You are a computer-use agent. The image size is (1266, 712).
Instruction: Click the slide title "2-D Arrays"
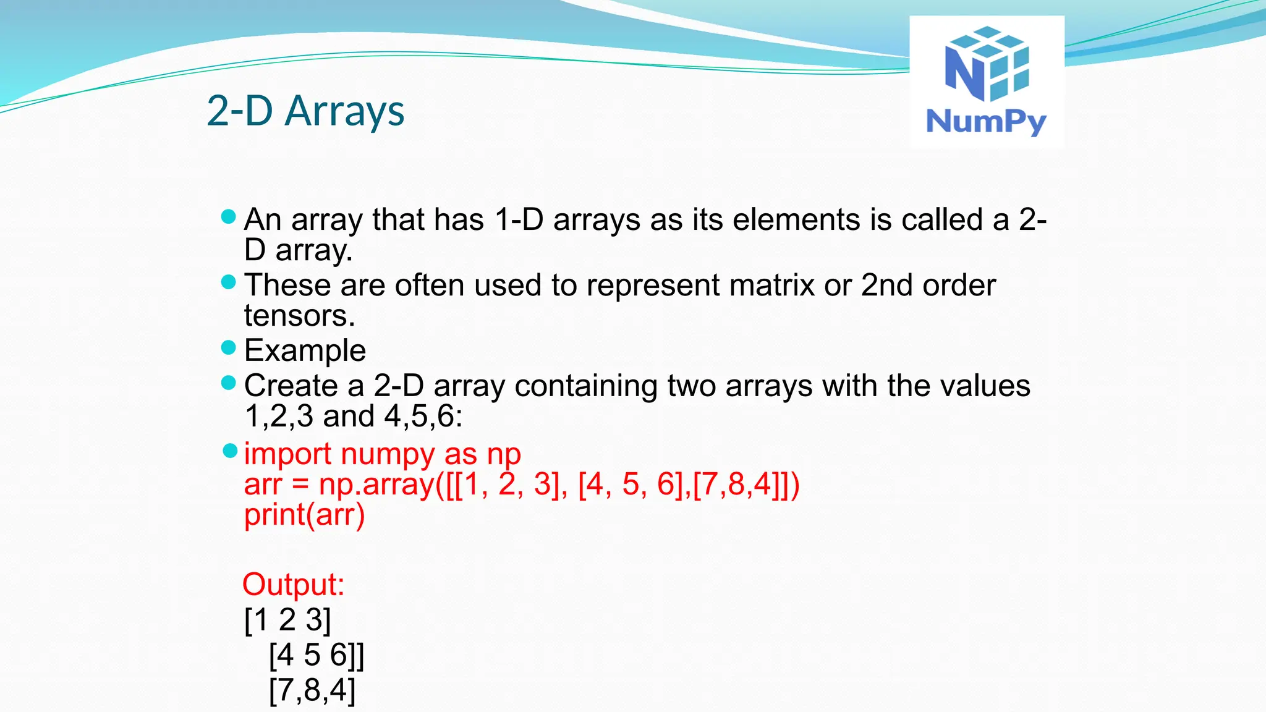(x=305, y=111)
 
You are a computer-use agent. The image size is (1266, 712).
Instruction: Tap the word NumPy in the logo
(x=986, y=122)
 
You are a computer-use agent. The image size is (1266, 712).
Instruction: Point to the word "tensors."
(x=300, y=316)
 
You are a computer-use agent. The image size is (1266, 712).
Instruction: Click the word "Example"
(x=305, y=350)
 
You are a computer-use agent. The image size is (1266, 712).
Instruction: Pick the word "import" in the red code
(x=288, y=454)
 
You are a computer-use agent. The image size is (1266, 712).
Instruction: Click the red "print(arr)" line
(x=304, y=515)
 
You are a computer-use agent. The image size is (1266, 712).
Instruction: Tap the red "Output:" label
(x=293, y=584)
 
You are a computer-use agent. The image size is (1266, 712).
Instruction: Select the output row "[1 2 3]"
(x=287, y=620)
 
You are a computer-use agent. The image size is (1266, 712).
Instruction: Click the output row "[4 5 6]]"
(x=316, y=655)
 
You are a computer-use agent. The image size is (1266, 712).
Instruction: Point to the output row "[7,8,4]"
(x=312, y=690)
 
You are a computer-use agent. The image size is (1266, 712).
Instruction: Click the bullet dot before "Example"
(x=229, y=347)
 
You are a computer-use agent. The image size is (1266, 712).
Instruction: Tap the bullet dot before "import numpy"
(x=230, y=451)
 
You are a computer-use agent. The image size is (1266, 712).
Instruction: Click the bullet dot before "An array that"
(x=229, y=216)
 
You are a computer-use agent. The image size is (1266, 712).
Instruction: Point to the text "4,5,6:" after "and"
(x=423, y=416)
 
